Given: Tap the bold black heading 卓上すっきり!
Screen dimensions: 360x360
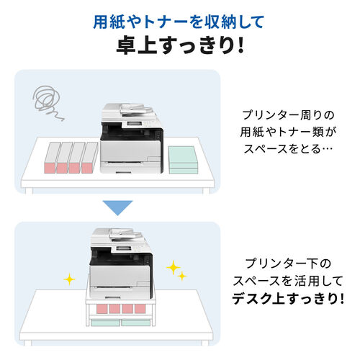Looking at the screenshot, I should (x=179, y=46).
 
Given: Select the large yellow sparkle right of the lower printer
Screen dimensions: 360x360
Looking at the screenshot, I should (x=172, y=267).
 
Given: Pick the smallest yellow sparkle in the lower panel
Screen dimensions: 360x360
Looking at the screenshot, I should (x=182, y=276).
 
